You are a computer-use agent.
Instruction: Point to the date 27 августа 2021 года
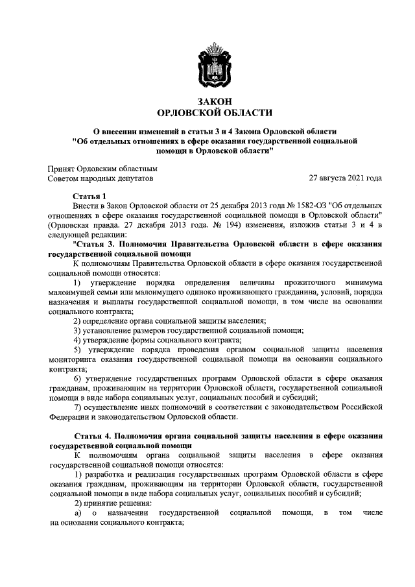coord(345,178)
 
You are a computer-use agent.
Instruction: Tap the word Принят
coord(62,167)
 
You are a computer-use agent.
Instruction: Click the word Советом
coord(65,178)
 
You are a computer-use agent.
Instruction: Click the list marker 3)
coord(77,331)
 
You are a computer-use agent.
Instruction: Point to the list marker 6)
coord(77,379)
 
